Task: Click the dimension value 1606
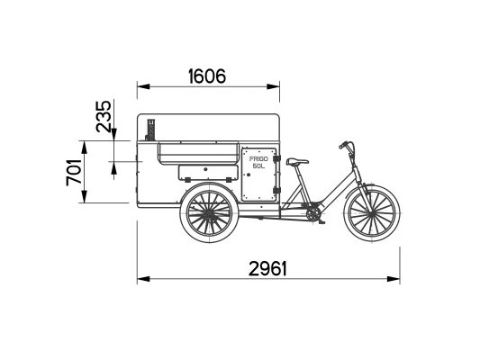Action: point(207,76)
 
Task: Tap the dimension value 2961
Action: point(267,269)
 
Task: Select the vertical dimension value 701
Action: point(74,172)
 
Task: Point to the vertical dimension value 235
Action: point(104,116)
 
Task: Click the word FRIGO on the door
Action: point(258,159)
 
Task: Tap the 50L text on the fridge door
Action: point(258,166)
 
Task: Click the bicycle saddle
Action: point(297,161)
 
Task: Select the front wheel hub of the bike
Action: point(372,213)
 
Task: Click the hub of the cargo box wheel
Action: point(209,213)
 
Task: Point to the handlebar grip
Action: point(343,145)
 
